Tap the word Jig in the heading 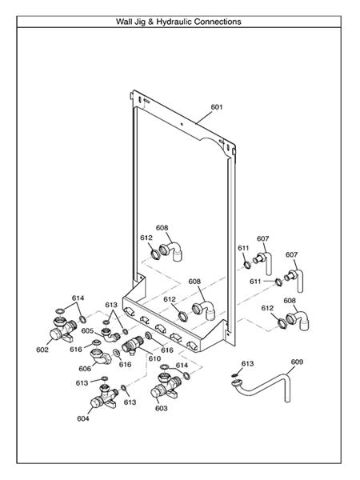(140, 22)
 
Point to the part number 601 (217, 106)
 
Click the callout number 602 (42, 350)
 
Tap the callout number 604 (83, 418)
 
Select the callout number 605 (87, 330)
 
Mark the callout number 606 (85, 369)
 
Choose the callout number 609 (297, 362)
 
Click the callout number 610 (154, 358)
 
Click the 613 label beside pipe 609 (247, 364)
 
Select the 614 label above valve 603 (182, 365)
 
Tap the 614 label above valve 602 (77, 298)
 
